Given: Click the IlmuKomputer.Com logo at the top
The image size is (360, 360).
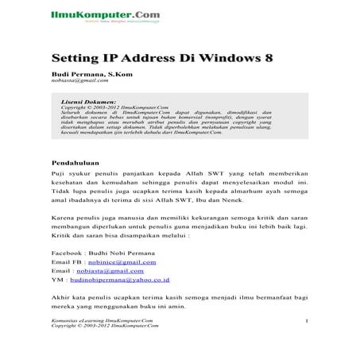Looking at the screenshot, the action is coord(93,14).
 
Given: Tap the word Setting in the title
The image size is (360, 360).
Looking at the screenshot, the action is coord(75,58).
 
